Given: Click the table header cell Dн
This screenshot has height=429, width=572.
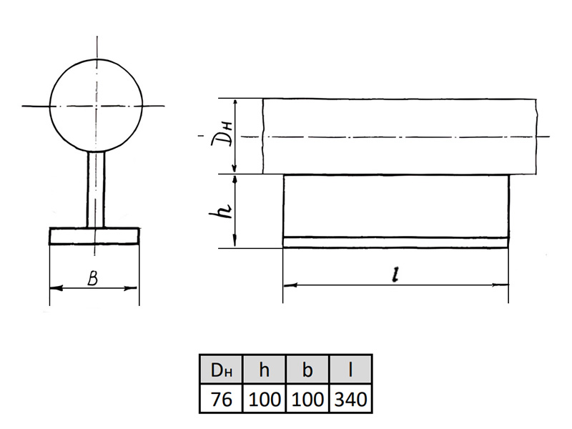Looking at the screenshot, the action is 221,369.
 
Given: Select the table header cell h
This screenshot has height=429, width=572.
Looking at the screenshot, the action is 264,369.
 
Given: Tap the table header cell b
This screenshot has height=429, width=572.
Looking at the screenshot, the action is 307,369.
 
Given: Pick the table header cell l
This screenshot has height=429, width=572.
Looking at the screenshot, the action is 350,369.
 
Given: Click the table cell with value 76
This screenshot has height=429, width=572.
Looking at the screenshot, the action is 221,398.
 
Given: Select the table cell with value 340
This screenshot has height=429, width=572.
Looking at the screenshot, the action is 350,398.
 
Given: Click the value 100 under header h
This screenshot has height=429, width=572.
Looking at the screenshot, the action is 264,398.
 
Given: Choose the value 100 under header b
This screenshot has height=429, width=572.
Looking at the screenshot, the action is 307,398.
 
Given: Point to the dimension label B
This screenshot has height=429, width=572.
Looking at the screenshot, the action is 93,279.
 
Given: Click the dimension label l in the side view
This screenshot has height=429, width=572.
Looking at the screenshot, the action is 395,275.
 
